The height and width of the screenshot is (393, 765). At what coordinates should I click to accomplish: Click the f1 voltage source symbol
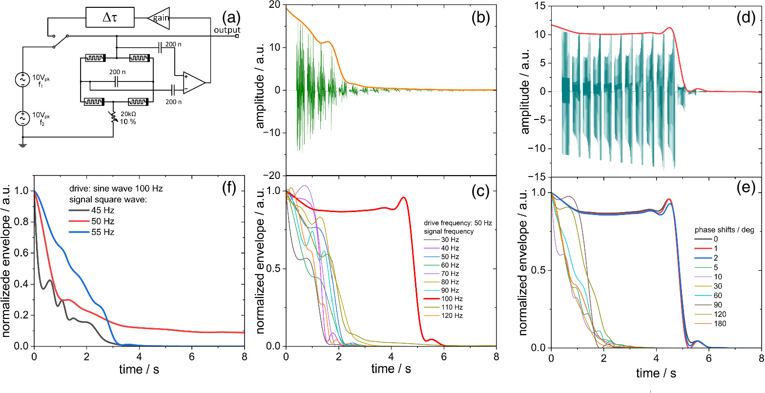coord(22,79)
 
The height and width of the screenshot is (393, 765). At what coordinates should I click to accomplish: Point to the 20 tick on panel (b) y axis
coord(276,4)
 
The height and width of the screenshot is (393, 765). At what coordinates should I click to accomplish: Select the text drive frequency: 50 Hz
coord(457,222)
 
